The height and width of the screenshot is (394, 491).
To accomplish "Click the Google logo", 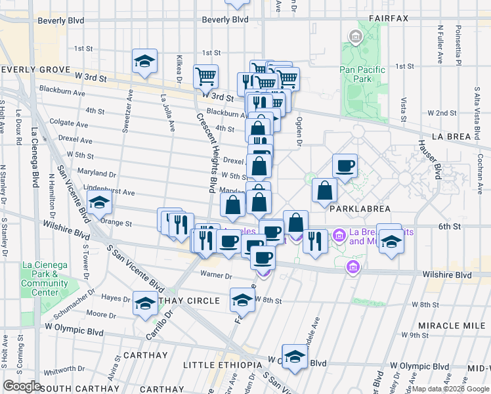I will pos(22,385).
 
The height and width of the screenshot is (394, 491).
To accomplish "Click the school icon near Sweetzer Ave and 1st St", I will pos(144,62).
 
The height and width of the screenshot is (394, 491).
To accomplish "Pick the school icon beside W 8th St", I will pos(242,299).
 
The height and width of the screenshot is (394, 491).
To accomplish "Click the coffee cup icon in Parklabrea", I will pos(345,165).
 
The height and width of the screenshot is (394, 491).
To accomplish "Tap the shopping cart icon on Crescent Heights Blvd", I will pos(206,76).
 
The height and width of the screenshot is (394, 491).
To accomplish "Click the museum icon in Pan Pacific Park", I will pos(356,37).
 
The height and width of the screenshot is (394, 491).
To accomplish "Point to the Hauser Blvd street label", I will pos(437,163).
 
